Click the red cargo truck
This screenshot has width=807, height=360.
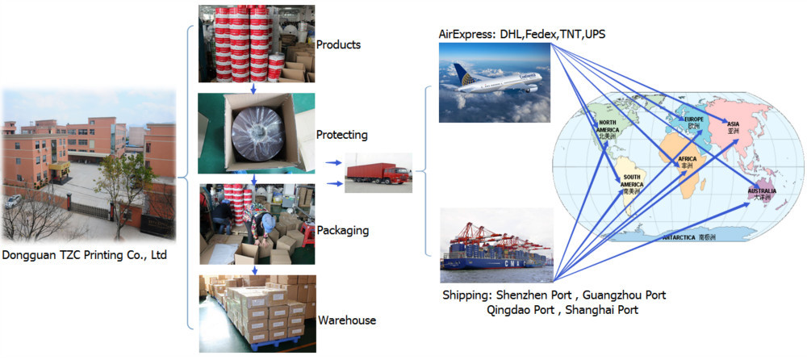(x=378, y=173)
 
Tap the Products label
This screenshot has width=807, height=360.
(x=338, y=44)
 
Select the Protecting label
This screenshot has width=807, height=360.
(x=341, y=135)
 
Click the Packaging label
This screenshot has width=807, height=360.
(x=343, y=230)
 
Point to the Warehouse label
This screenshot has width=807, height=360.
(x=347, y=320)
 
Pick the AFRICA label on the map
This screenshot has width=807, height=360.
(x=688, y=158)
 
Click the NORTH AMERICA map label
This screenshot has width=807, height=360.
(x=608, y=130)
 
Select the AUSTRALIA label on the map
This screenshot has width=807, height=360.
(x=761, y=191)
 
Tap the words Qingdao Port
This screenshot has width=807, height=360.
(x=522, y=309)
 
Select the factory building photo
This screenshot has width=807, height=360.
(x=88, y=165)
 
